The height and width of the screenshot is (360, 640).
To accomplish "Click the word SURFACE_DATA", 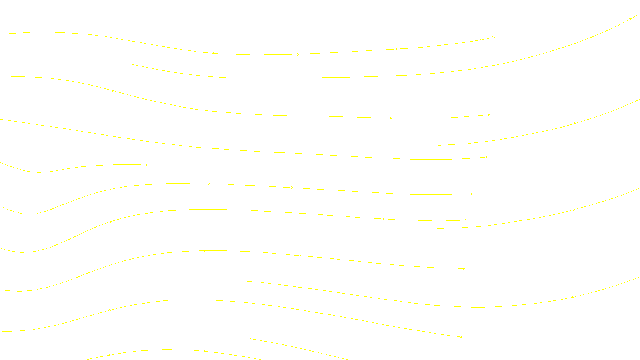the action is (x=327, y=353).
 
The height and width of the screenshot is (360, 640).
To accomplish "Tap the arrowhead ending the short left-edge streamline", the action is (x=146, y=165).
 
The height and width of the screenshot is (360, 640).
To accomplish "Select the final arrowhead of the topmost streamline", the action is (x=494, y=38).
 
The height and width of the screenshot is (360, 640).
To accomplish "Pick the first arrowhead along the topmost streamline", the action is (x=214, y=53).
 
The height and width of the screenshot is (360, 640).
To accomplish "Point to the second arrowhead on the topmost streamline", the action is (x=298, y=54).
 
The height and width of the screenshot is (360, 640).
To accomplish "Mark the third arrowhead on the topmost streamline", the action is (x=396, y=49).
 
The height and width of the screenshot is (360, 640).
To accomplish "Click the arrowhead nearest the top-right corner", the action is (x=631, y=18).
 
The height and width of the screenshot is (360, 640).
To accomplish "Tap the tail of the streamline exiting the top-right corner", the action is (x=132, y=64).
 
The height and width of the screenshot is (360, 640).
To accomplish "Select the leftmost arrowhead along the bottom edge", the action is (x=110, y=355).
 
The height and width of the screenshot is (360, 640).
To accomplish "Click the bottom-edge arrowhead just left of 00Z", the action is (x=205, y=351).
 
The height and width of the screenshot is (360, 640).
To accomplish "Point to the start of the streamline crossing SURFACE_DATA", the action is (x=250, y=339).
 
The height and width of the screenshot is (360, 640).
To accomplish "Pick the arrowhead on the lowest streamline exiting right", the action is (x=573, y=297).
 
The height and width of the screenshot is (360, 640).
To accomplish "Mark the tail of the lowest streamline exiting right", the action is (x=245, y=281).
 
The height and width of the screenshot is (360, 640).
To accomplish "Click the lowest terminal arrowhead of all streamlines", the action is (x=461, y=337).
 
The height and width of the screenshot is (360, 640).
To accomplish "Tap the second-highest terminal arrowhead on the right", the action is (x=489, y=115).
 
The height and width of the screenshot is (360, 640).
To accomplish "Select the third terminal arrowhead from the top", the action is (x=486, y=157).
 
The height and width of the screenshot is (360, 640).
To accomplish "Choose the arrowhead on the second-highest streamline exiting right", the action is (x=575, y=123).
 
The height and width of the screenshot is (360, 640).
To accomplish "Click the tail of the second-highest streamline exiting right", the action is (x=438, y=145).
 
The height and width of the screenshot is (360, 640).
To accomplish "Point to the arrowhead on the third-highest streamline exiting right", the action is (x=574, y=210).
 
